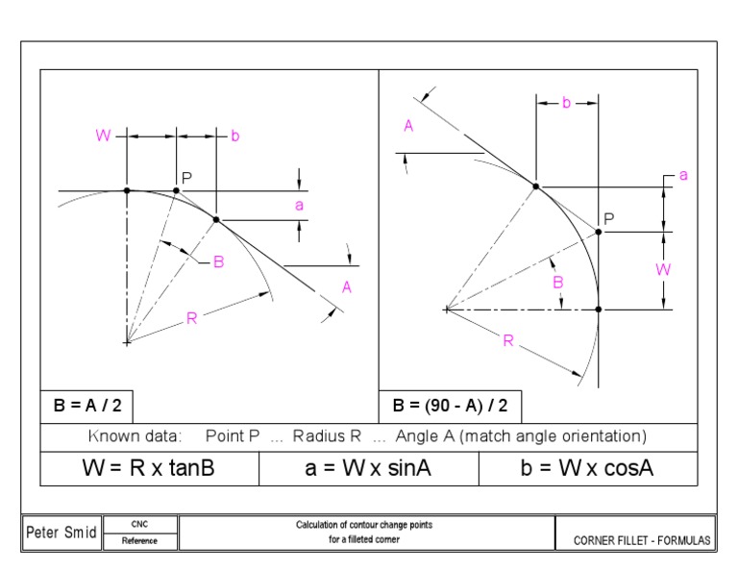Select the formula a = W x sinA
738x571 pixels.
coord(369,472)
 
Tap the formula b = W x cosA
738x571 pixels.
coord(588,472)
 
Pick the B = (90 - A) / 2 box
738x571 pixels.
coord(451,406)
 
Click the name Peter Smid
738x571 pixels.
coord(61,532)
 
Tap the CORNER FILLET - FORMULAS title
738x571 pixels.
coord(642,541)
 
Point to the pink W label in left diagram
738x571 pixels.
coord(103,137)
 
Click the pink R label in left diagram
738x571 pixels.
coord(191,319)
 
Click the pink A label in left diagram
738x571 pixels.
coord(347,286)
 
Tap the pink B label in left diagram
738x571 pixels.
coord(218,262)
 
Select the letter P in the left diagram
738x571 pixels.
coord(187,177)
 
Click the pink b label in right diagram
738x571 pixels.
coord(566,103)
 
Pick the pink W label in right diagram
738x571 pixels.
coord(662,270)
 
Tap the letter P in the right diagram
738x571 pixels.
coord(609,218)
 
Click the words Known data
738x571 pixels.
coord(135,435)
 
